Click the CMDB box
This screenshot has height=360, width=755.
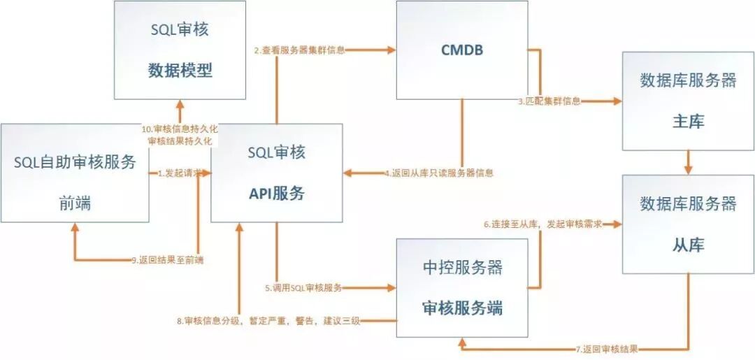[x=461, y=50]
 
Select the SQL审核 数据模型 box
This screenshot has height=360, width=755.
[x=180, y=50]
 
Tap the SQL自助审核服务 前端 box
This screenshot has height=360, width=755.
[x=75, y=173]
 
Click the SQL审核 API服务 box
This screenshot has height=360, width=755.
[x=276, y=173]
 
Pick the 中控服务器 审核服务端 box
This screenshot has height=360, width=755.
[x=461, y=287]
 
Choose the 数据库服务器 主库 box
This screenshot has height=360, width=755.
[x=688, y=101]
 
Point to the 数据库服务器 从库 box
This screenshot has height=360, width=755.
[x=688, y=224]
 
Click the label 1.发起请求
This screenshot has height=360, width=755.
[x=180, y=173]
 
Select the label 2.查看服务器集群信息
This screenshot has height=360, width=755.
[x=299, y=50]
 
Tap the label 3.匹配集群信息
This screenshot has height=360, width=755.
[x=549, y=101]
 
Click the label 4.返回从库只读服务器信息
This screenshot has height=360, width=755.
[x=438, y=173]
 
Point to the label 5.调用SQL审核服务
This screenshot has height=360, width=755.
[x=304, y=287]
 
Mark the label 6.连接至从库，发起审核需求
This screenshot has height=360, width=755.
[x=542, y=224]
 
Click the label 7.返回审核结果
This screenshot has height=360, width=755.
[x=607, y=348]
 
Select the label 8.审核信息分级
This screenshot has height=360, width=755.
[x=268, y=321]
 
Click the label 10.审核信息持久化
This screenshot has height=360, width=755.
[x=180, y=129]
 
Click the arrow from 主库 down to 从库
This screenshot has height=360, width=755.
[x=688, y=163]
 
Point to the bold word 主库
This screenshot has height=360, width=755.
[x=688, y=122]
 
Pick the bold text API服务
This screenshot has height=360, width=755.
[x=277, y=194]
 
